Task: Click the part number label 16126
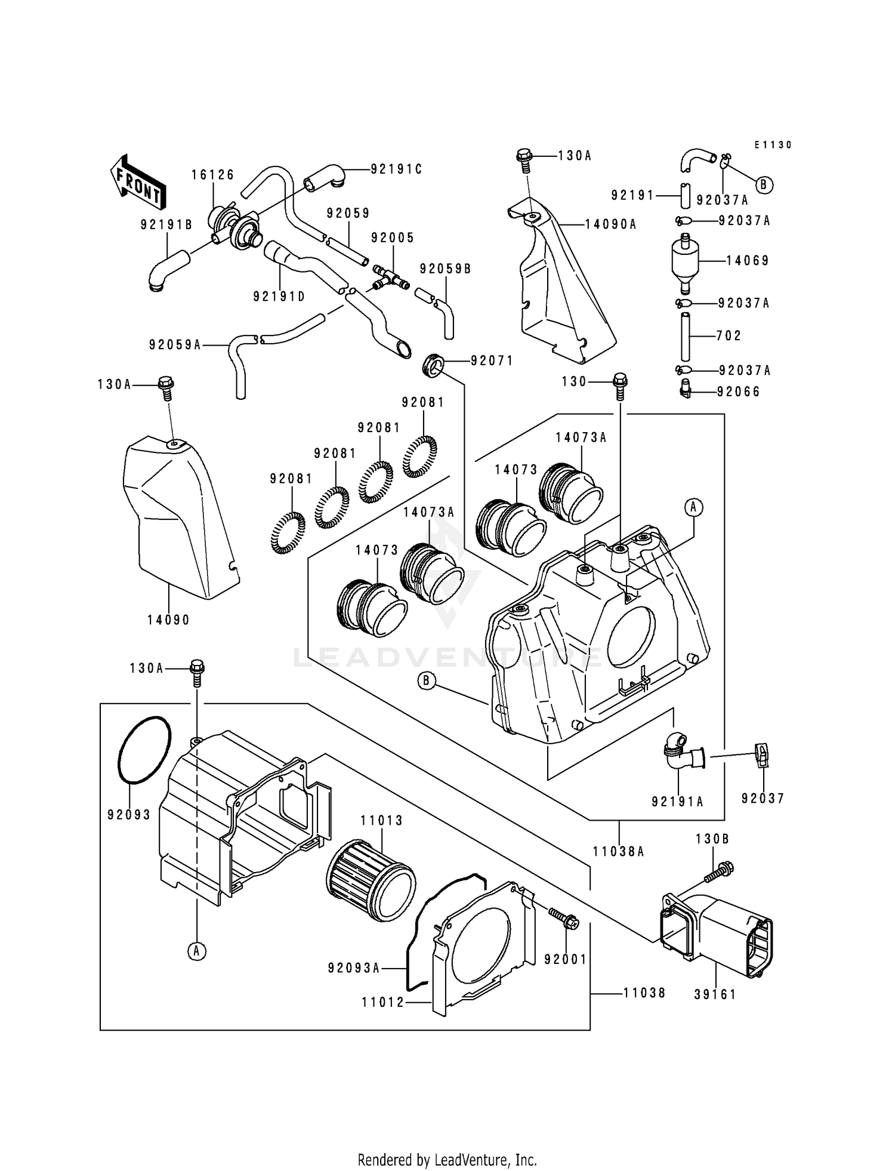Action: [x=213, y=175]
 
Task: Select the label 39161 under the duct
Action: [x=715, y=994]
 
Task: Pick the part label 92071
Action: [x=492, y=361]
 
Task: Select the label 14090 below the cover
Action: [x=169, y=620]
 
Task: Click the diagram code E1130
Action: [x=773, y=145]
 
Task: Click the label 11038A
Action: [x=619, y=852]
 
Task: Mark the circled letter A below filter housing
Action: [x=196, y=951]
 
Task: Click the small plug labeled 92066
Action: [x=685, y=389]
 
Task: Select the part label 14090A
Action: [x=610, y=224]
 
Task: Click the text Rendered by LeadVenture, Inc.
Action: [x=447, y=1160]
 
